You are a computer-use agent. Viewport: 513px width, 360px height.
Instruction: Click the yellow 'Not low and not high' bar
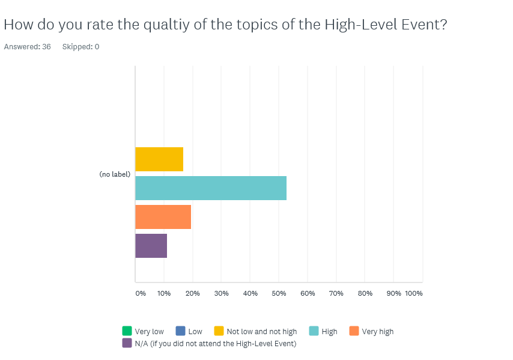[x=159, y=159]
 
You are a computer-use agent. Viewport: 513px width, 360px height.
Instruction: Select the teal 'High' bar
[x=211, y=188]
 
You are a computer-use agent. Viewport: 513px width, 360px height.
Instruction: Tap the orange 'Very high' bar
[x=163, y=217]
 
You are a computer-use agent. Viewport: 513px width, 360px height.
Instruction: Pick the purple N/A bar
[x=151, y=246]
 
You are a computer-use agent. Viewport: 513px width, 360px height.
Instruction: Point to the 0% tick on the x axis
[x=141, y=293]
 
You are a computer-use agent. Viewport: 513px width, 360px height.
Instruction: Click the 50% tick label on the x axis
[x=279, y=293]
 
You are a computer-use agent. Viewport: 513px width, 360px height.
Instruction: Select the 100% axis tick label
[x=414, y=293]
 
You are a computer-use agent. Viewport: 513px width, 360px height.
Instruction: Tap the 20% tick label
[x=192, y=293]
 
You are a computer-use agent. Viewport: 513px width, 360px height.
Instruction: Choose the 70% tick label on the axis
[x=336, y=293]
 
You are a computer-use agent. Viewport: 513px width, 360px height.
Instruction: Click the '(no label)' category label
[x=115, y=174]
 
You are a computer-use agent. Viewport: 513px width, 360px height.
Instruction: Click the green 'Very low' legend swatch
[x=127, y=331]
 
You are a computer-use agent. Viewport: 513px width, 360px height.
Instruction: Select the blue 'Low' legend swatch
[x=180, y=331]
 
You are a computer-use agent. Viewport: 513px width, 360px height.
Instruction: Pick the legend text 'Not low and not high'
[x=262, y=332]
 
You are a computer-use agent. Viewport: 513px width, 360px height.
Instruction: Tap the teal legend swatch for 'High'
[x=314, y=331]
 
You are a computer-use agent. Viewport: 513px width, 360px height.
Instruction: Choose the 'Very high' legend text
[x=378, y=332]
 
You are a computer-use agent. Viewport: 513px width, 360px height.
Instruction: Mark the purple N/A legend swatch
[x=127, y=343]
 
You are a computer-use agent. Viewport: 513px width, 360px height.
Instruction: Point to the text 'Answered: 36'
[x=28, y=47]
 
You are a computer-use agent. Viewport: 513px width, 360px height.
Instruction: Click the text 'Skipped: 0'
[x=81, y=47]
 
